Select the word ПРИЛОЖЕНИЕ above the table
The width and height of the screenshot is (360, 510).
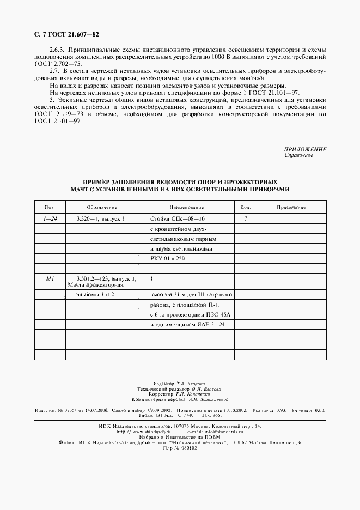305,149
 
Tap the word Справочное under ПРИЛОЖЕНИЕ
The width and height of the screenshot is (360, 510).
298,155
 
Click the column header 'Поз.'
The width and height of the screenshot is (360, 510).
50,207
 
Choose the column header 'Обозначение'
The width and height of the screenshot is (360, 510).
102,207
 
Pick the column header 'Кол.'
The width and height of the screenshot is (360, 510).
245,207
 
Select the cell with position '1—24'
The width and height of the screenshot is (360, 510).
50,218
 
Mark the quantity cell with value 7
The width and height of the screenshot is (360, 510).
245,218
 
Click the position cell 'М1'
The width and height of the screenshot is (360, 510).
50,278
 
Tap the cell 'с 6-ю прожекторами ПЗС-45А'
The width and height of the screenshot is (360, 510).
186,315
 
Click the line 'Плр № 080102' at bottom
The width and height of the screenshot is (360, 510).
180,448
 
